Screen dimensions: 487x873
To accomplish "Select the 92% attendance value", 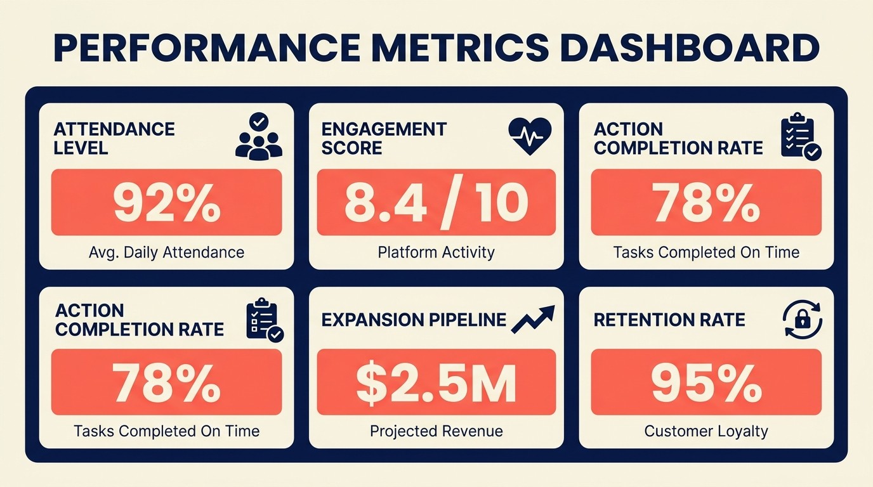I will [167, 202].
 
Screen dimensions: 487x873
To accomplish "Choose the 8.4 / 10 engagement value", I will [436, 202].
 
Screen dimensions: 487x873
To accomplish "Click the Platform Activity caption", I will [436, 252].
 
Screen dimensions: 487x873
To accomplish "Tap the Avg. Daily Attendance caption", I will [167, 252].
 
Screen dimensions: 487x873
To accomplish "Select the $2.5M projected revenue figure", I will [436, 382].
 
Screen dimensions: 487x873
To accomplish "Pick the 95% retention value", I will [706, 382].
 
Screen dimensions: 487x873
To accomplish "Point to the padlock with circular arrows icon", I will [803, 318].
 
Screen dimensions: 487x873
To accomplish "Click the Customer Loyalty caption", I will [706, 432].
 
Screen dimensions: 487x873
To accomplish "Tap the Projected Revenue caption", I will [436, 432].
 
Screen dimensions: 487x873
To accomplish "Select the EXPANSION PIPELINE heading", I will [414, 320].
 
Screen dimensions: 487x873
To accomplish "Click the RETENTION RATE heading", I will [669, 320].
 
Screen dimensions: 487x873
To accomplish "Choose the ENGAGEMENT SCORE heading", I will [384, 138].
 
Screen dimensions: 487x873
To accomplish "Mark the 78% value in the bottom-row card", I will [167, 382].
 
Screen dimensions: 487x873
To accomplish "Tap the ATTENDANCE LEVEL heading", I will [114, 138].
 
